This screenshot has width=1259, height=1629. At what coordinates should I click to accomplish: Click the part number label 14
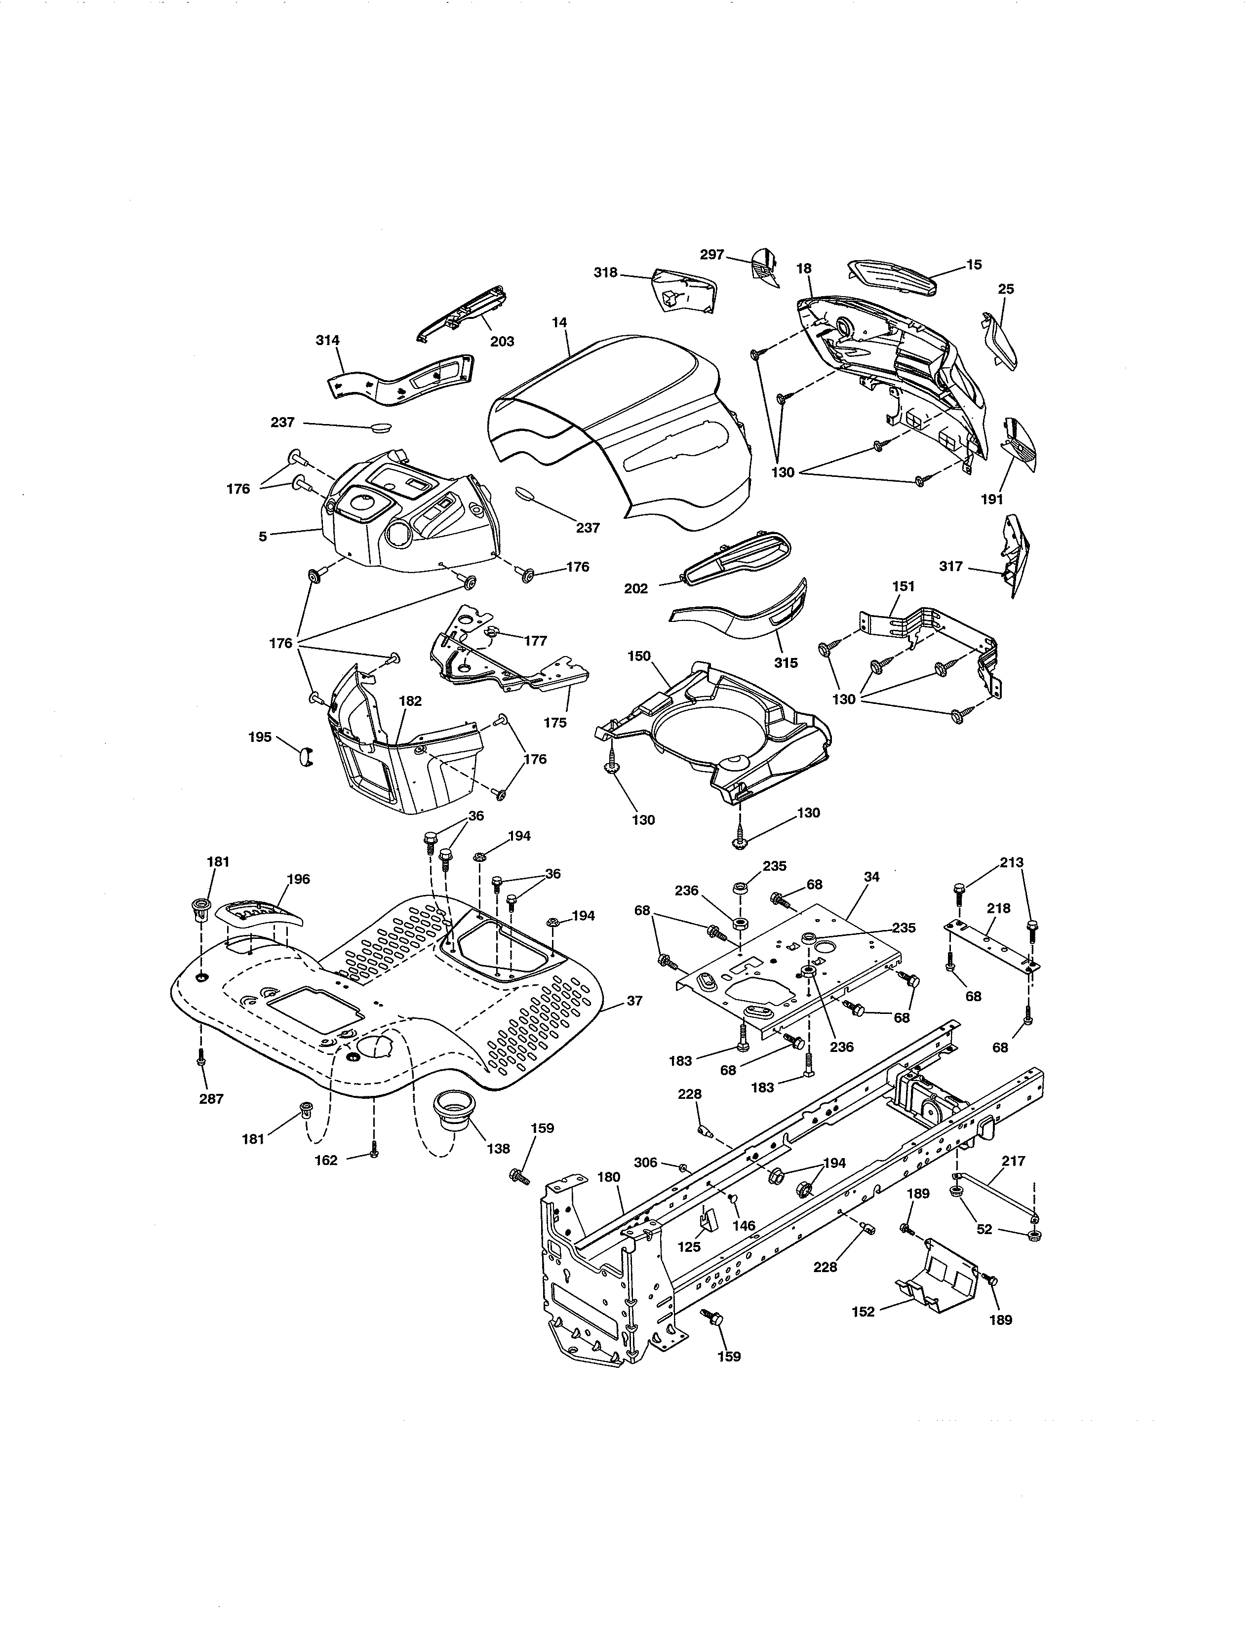click(559, 322)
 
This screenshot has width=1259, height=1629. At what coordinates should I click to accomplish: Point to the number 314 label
click(327, 340)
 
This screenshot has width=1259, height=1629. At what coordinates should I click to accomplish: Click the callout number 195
click(260, 737)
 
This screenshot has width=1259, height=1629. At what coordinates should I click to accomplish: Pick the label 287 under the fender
click(211, 1099)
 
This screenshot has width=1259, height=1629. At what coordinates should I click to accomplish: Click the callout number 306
click(645, 1162)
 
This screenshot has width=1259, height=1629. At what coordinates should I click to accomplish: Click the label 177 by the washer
click(536, 641)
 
